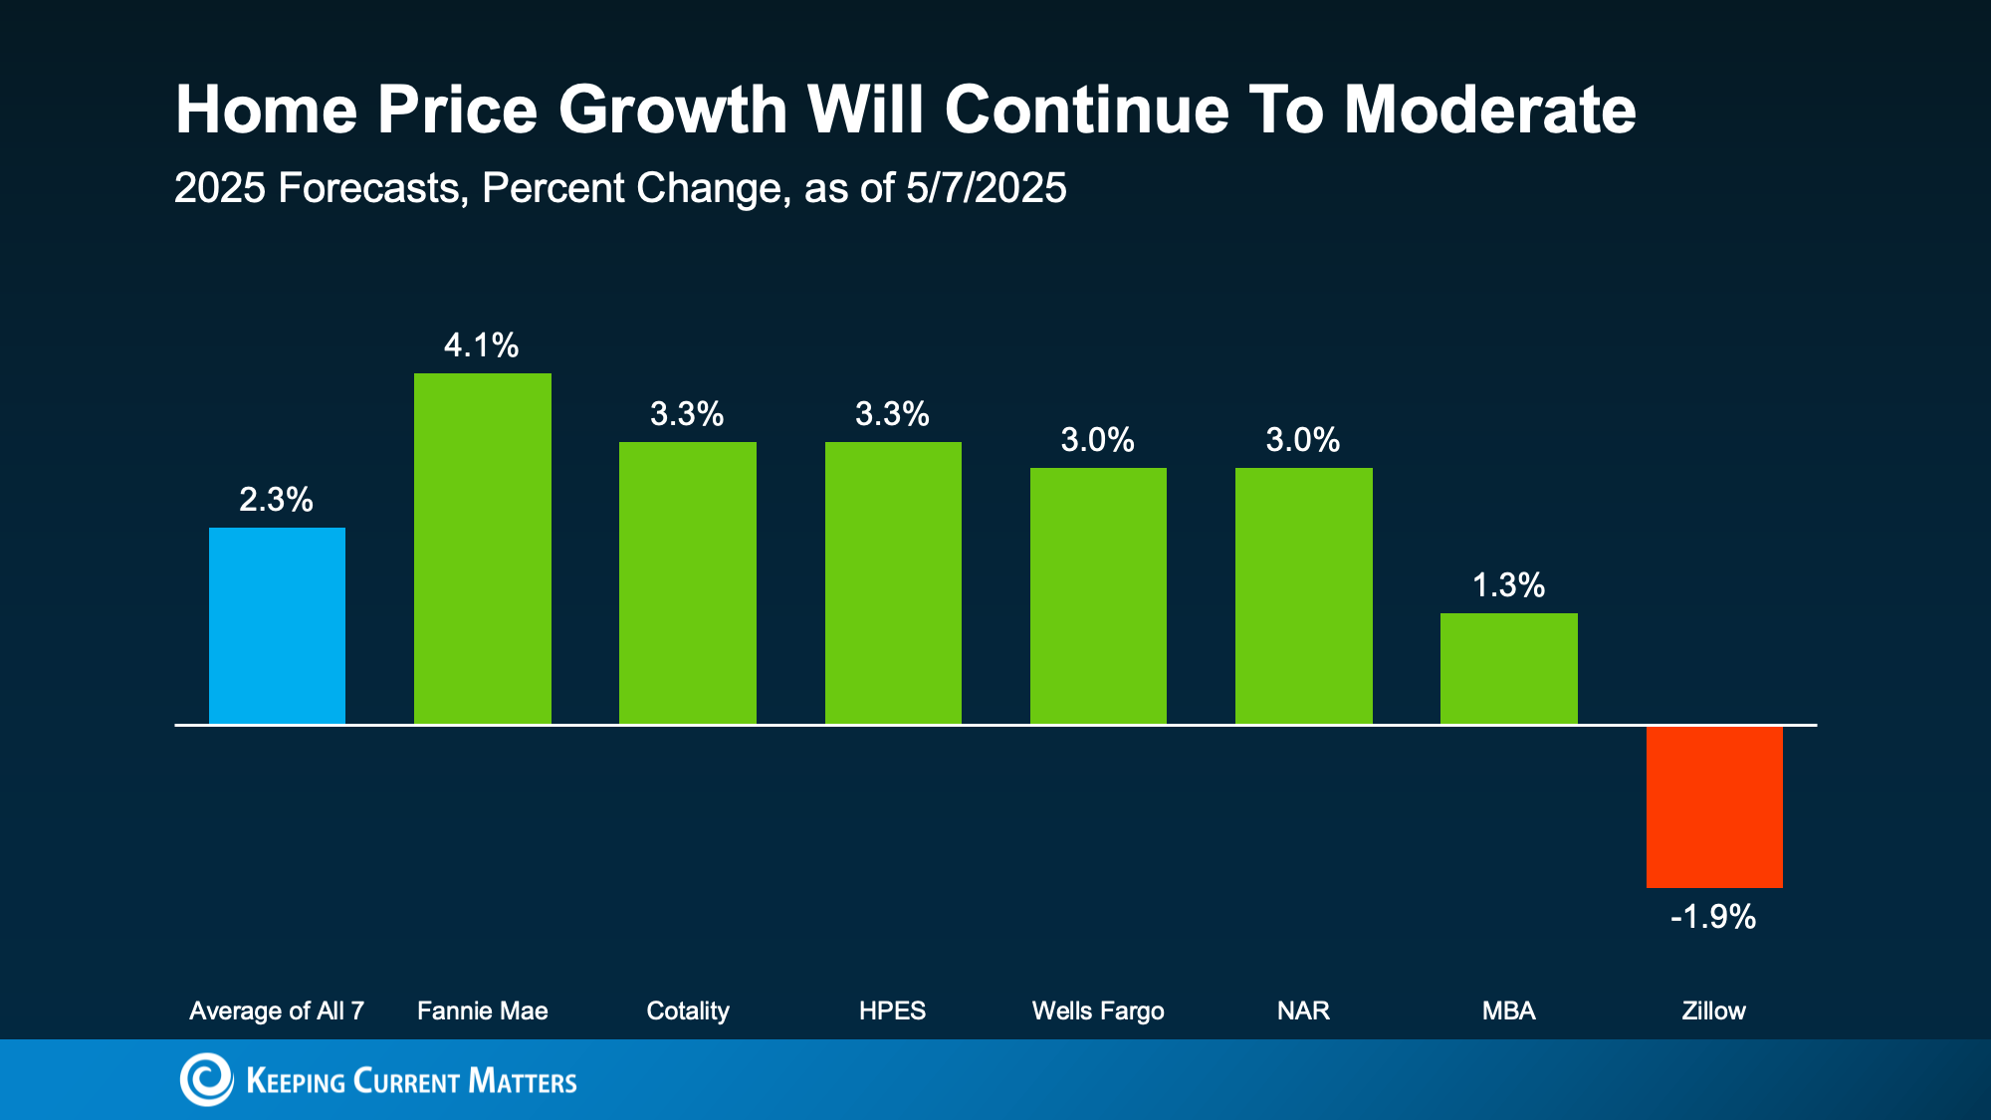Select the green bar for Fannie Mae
[482, 549]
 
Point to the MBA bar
[1508, 668]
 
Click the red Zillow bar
[1714, 806]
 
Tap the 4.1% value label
[482, 345]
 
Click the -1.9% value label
[1713, 917]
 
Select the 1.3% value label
[1508, 585]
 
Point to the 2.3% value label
[277, 500]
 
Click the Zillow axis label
[1713, 1010]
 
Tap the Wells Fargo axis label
[1098, 1010]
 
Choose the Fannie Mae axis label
[482, 1010]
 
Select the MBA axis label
[1508, 1010]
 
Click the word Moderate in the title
[1489, 110]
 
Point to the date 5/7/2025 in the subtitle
[986, 188]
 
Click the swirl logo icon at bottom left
[206, 1079]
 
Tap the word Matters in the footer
[523, 1081]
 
